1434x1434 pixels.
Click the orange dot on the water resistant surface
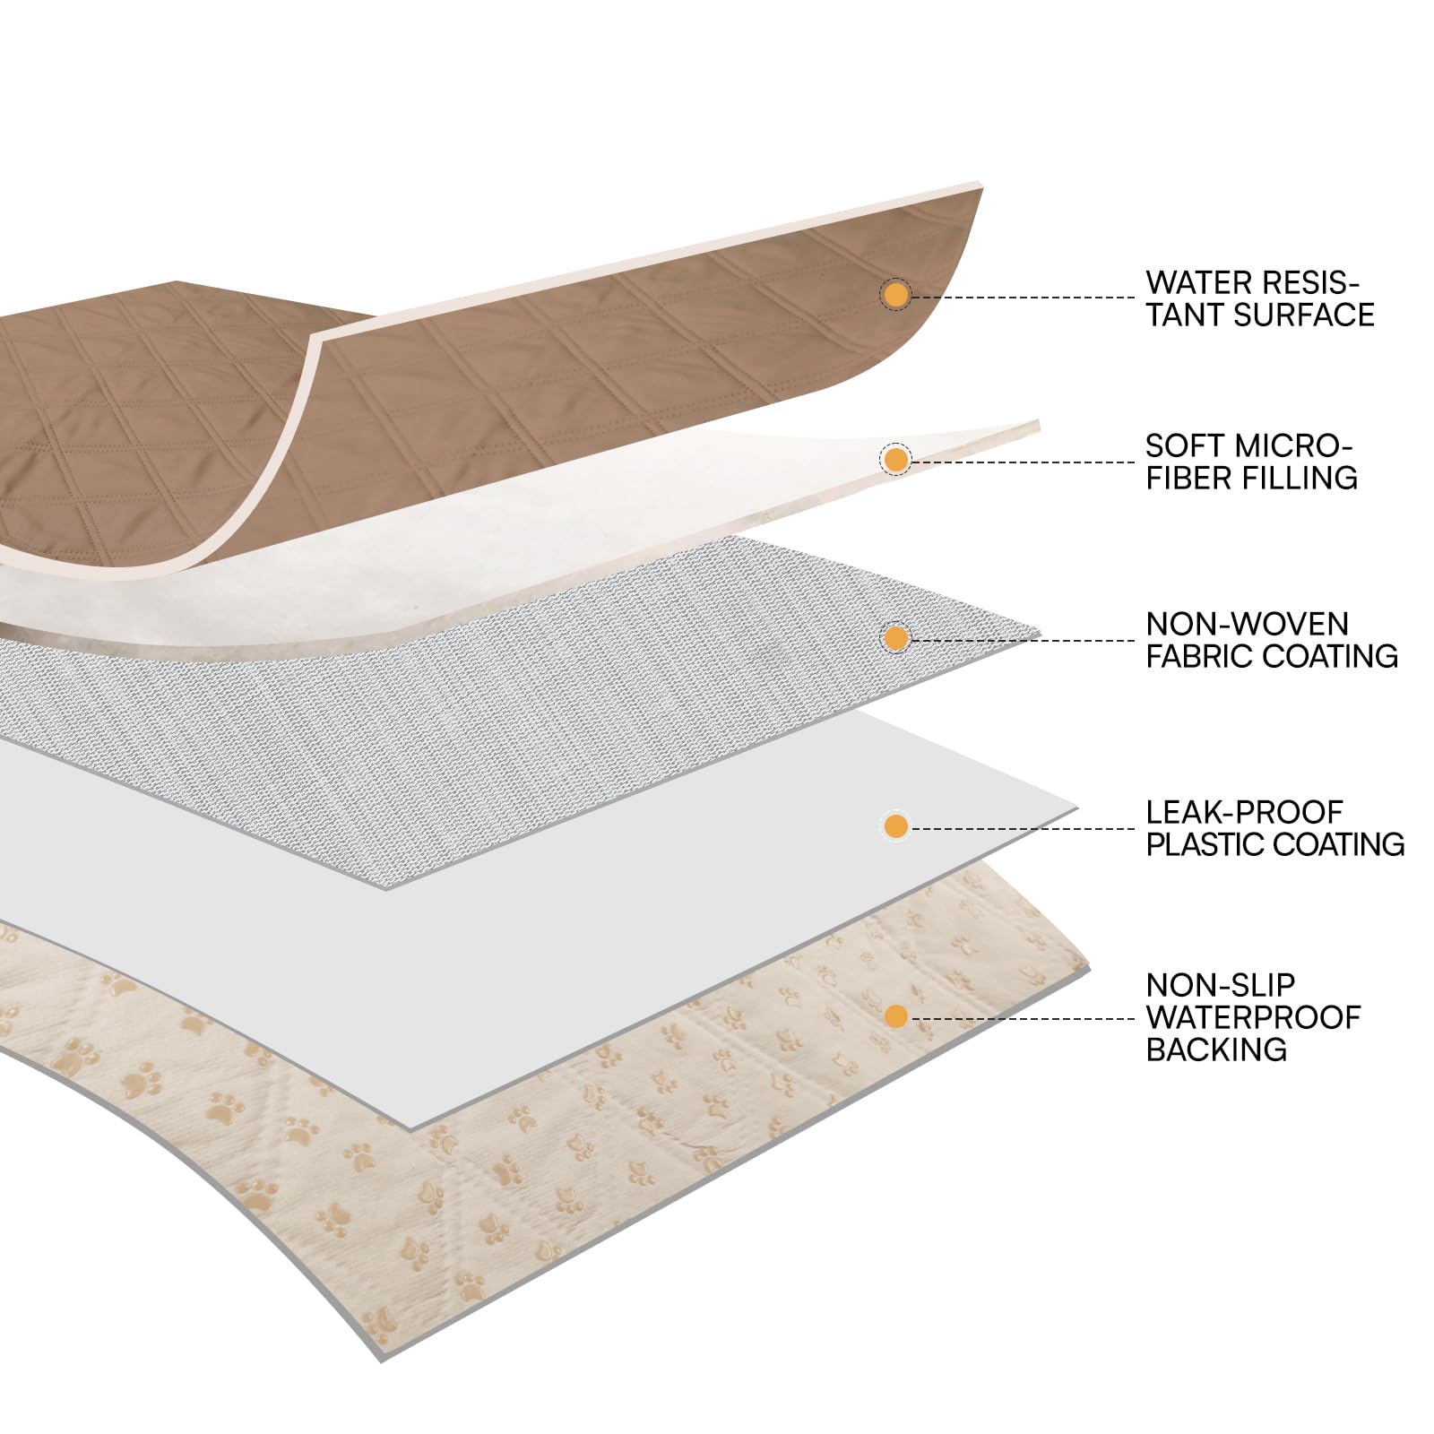(x=894, y=295)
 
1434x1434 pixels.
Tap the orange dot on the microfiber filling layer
(x=895, y=461)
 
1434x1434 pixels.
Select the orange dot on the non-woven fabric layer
(x=895, y=638)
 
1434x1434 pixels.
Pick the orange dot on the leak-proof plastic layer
(x=895, y=826)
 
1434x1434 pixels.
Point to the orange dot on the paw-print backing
(x=895, y=1016)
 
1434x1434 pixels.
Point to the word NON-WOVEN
(x=1248, y=625)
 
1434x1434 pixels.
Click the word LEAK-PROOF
(x=1245, y=813)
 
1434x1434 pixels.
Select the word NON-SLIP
(x=1221, y=986)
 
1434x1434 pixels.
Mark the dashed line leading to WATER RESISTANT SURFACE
(x=1023, y=297)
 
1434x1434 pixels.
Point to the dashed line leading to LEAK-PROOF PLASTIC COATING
(x=1023, y=828)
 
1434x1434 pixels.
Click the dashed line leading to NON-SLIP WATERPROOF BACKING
(x=1023, y=1018)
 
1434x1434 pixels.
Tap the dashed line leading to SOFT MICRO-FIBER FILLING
(x=1023, y=462)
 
